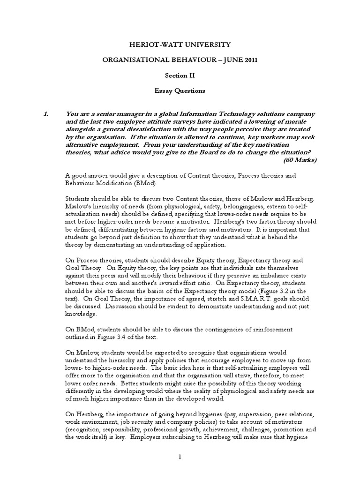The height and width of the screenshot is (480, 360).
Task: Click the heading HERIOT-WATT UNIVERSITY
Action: tap(180, 45)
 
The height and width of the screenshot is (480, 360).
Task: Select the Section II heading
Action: tap(180, 75)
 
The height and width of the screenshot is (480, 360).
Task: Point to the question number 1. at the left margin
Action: tap(42, 114)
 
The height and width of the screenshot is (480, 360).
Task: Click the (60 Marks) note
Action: tap(300, 160)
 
